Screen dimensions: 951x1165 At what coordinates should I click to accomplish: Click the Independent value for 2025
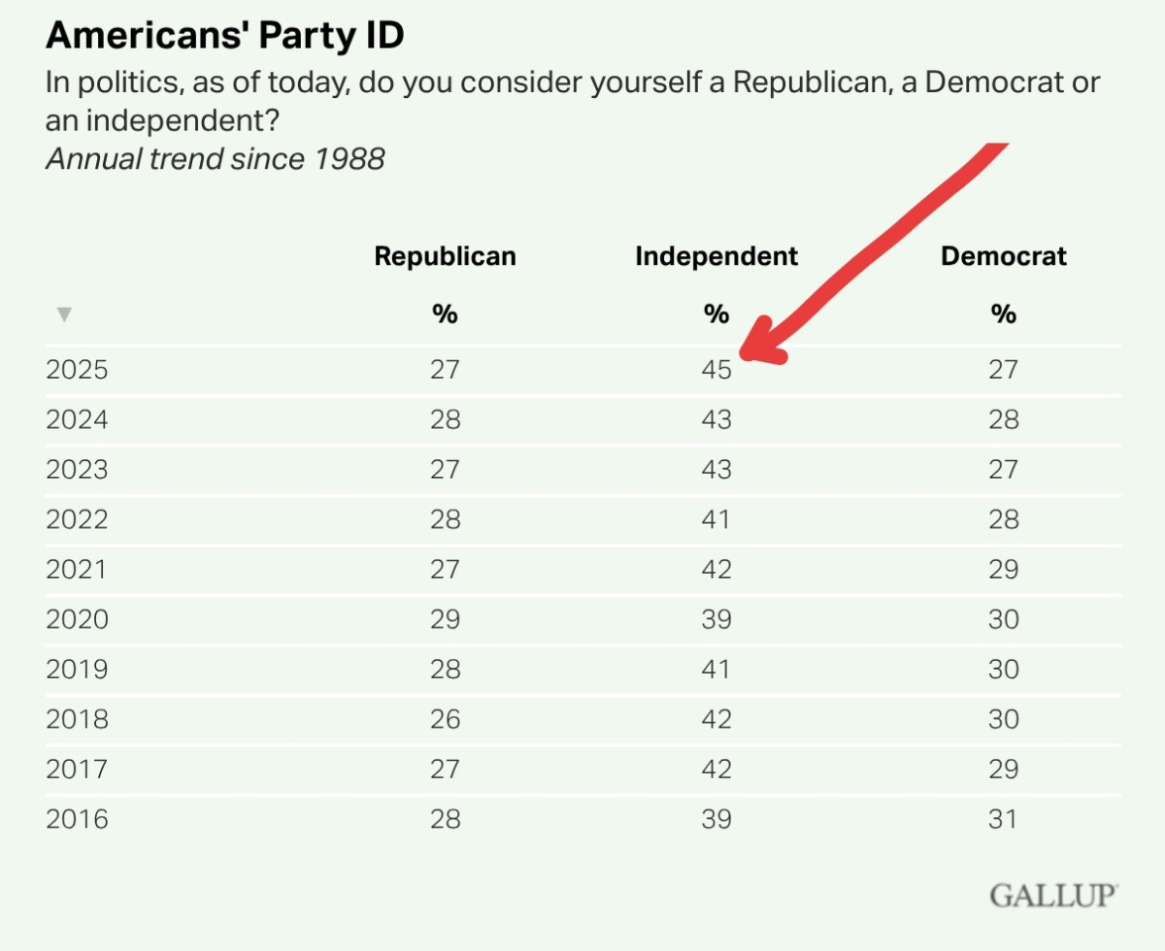coord(716,370)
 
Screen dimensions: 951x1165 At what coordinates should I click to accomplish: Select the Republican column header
coord(445,256)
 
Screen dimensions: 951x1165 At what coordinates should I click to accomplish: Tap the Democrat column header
coord(1003,256)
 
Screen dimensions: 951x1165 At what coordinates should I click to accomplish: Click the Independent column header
coord(716,256)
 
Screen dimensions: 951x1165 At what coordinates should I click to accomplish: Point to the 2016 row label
coord(77,819)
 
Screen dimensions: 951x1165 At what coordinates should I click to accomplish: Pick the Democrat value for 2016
coord(1003,819)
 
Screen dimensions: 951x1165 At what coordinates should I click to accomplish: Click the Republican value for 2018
coord(445,719)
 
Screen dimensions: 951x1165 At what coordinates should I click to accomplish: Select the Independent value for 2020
coord(716,619)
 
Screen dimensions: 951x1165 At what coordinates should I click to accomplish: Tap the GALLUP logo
coord(1053,895)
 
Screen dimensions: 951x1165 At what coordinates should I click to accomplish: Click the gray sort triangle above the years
coord(64,313)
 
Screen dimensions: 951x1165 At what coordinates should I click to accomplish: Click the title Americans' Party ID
coord(225,37)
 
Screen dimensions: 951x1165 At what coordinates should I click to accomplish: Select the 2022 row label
coord(77,519)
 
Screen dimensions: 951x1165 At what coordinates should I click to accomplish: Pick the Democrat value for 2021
coord(1003,569)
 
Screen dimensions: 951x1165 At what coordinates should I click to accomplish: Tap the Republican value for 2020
coord(445,619)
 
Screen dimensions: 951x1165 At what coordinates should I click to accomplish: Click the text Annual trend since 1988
coord(216,158)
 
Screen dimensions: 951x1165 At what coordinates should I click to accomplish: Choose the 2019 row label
coord(77,670)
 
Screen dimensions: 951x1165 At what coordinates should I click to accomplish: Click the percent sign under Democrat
coord(1003,314)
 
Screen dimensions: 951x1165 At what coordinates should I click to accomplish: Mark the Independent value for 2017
coord(716,770)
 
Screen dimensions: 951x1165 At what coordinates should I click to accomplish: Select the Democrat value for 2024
coord(1003,419)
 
